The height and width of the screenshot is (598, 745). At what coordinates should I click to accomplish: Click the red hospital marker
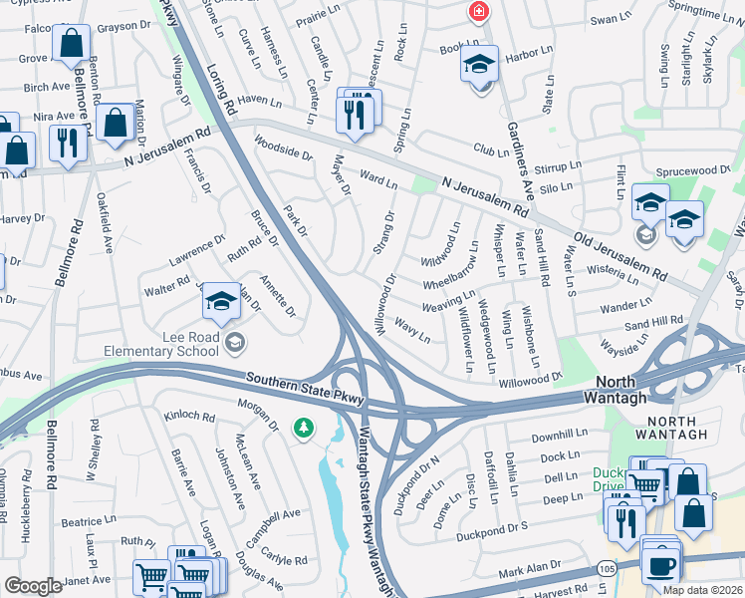[479, 11]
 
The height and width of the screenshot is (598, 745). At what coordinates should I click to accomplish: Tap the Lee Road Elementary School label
[162, 345]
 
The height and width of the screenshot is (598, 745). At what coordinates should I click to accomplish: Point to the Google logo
[33, 586]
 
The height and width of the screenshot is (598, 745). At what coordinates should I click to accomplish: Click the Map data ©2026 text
[702, 590]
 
